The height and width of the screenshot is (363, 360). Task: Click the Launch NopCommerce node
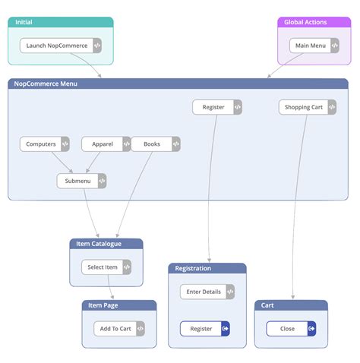tap(57, 46)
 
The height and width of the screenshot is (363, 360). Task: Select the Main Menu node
tap(309, 46)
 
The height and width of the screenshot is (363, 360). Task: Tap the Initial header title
tap(24, 22)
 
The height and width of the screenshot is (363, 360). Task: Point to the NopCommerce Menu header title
tap(46, 84)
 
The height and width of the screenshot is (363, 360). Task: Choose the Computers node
tap(41, 144)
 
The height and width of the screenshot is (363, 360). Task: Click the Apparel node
tap(103, 144)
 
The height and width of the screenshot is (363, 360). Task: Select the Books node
tap(152, 144)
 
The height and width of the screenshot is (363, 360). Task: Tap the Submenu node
tap(77, 181)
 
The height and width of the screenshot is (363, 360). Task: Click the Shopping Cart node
tap(304, 107)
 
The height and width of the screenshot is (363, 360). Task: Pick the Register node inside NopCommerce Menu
tap(213, 107)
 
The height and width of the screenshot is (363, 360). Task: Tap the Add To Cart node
tap(115, 329)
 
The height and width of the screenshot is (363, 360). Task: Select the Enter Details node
tap(202, 292)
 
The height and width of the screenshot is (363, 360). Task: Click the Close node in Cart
tap(287, 329)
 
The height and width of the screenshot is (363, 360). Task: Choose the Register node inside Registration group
tap(201, 329)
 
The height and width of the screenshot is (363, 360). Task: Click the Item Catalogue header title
tap(99, 244)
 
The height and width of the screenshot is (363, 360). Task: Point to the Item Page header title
tap(103, 305)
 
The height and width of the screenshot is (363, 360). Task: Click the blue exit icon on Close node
tap(311, 329)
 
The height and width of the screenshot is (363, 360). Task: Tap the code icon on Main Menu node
tap(334, 46)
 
